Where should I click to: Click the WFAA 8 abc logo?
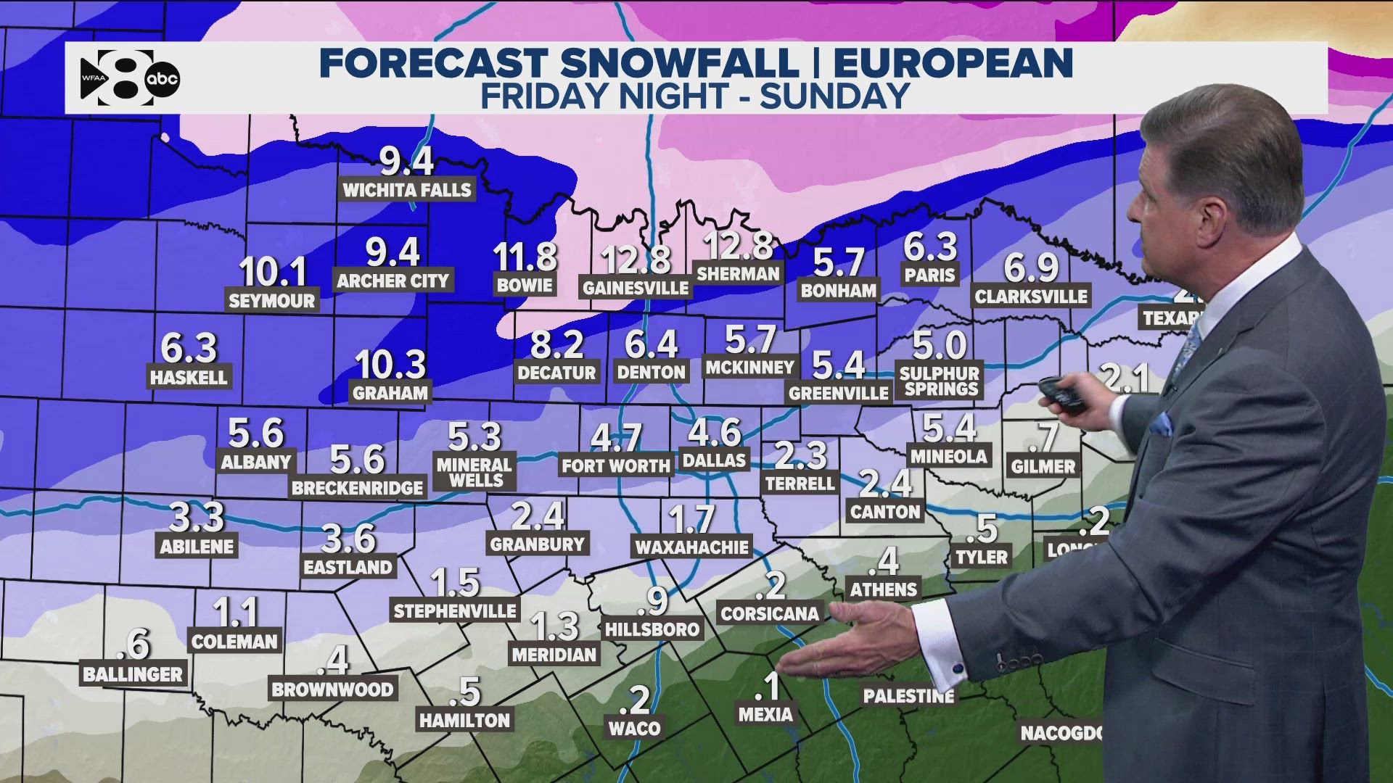(x=129, y=78)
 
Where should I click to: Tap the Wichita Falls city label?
(x=407, y=191)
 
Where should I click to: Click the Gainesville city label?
(x=636, y=288)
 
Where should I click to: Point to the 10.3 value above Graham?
(x=390, y=364)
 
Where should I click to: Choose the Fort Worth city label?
(x=616, y=465)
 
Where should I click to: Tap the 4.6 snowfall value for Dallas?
(x=715, y=432)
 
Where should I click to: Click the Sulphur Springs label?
(x=940, y=381)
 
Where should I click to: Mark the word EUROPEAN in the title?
(x=953, y=64)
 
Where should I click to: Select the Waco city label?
(x=635, y=729)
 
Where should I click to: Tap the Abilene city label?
(x=197, y=547)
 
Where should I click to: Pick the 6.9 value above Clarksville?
(x=1031, y=268)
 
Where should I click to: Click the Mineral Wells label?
(x=475, y=472)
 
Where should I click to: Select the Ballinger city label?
(x=133, y=675)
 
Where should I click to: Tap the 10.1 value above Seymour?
(x=273, y=272)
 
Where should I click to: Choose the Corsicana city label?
(x=770, y=613)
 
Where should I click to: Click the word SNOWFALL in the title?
(x=680, y=64)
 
